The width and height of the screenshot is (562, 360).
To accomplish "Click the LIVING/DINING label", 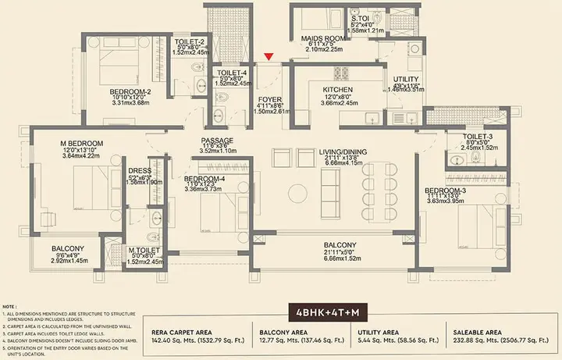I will (x=343, y=151).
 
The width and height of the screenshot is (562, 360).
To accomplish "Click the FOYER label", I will (x=269, y=99).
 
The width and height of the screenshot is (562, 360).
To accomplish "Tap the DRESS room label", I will (x=139, y=170).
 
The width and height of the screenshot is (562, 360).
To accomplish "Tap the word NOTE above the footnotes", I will (x=10, y=307).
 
